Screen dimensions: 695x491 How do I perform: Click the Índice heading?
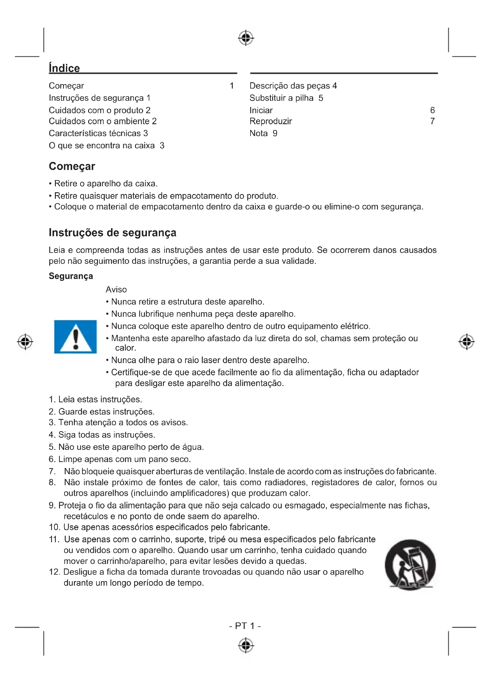(64, 68)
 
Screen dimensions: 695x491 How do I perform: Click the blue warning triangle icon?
(75, 337)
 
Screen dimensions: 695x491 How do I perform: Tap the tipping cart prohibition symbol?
(410, 564)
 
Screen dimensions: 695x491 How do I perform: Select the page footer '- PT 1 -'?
(245, 626)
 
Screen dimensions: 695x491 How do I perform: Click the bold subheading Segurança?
(71, 276)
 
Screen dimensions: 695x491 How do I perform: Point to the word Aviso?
(116, 290)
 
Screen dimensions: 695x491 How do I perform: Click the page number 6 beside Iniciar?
(432, 110)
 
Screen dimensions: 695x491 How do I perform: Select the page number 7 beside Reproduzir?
(432, 121)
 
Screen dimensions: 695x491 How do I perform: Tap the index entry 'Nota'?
(259, 133)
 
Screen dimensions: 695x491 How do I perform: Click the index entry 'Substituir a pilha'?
(281, 98)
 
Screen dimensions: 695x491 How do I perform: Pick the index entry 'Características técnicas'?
(95, 133)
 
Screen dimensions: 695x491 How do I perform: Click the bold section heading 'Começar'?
(72, 166)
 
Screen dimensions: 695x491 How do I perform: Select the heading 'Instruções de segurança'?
(113, 233)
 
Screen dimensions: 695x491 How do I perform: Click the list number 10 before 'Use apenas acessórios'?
(54, 527)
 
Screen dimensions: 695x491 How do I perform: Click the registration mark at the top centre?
(246, 38)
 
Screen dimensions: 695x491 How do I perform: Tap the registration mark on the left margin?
(25, 342)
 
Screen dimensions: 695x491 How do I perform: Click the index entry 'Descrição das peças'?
(290, 86)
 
